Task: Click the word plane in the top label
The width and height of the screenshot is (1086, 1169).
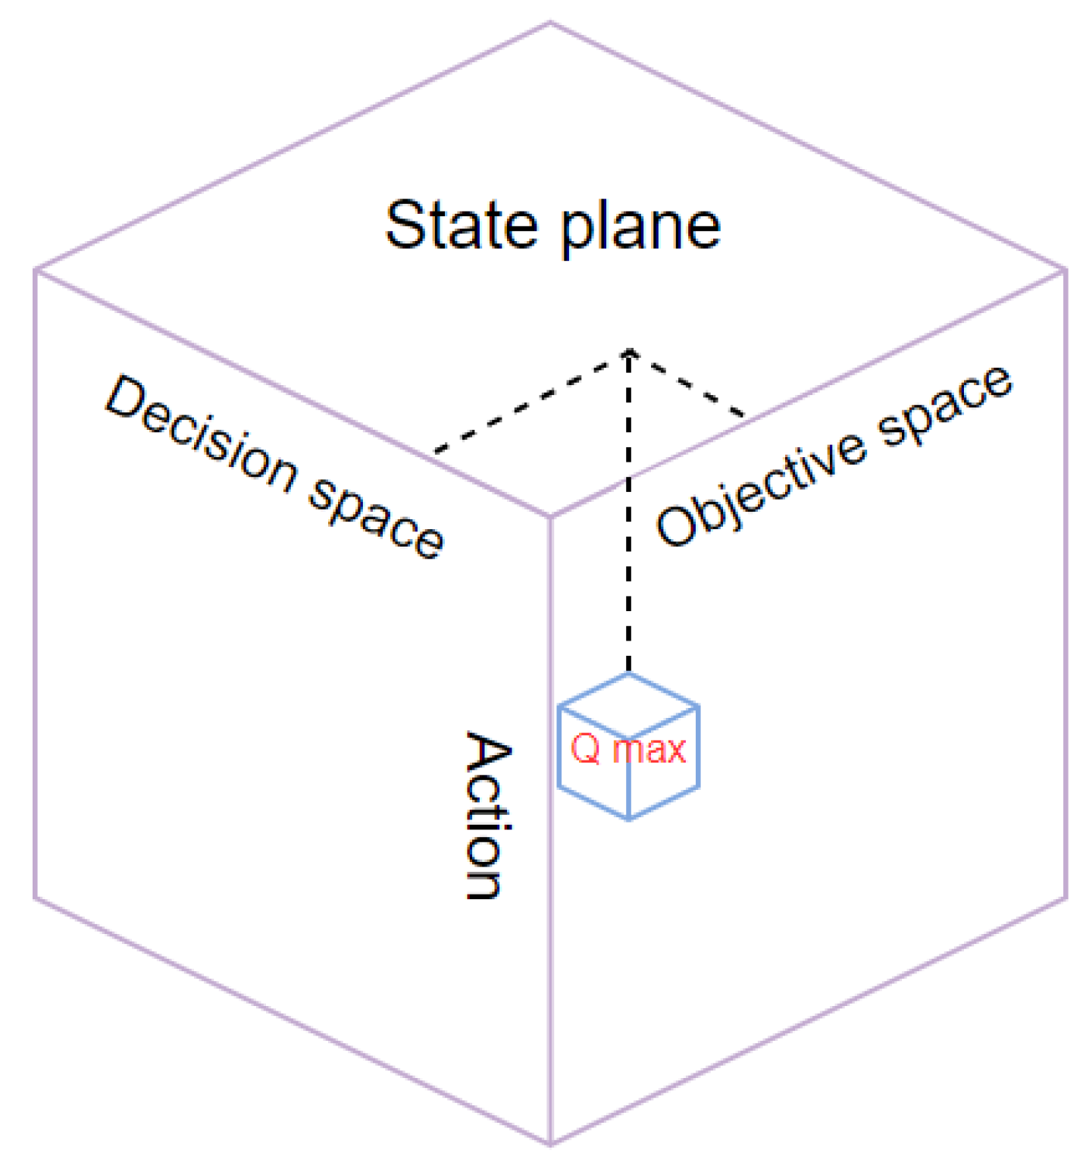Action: point(640,227)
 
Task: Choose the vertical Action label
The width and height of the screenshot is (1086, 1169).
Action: point(487,815)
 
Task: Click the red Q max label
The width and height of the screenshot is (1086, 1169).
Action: point(628,749)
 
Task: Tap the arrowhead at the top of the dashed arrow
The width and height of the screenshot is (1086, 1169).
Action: point(628,353)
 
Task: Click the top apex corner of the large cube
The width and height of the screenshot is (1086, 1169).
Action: point(550,24)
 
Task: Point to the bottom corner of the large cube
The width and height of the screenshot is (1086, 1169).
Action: point(550,1143)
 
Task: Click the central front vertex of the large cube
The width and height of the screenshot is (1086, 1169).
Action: point(550,518)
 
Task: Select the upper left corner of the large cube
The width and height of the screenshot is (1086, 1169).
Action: point(36,270)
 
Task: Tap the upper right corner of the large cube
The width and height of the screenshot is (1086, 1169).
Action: point(1065,270)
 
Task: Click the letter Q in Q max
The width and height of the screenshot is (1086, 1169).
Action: point(586,749)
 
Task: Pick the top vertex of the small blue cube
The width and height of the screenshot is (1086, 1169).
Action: point(628,674)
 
